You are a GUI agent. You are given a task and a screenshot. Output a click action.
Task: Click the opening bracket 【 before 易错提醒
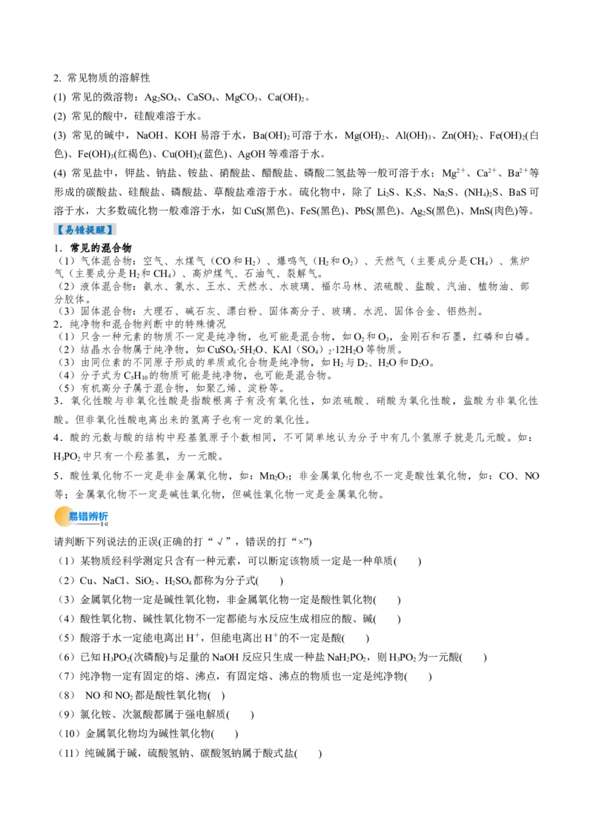59,230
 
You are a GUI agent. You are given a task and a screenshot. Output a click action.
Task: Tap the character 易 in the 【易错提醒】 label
69,230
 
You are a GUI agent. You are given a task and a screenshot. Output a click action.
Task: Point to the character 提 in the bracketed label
90,230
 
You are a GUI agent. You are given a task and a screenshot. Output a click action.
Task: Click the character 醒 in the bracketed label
101,230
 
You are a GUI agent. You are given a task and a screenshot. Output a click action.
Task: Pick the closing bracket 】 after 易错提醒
112,230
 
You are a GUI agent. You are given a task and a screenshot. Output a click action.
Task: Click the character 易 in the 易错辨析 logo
73,516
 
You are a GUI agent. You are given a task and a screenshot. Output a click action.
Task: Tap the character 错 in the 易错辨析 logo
83,516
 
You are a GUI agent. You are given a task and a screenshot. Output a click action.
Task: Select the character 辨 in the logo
93,516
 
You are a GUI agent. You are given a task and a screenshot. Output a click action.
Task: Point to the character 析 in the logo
103,516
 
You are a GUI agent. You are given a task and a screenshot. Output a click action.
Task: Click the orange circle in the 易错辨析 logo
64,517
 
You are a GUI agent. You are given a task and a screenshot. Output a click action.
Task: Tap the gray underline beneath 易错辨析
85,524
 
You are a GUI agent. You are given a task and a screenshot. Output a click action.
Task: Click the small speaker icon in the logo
106,524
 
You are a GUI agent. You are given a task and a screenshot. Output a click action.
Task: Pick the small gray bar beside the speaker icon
102,524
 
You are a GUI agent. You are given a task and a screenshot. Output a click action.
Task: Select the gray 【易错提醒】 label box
85,229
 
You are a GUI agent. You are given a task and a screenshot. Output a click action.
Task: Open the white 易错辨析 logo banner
80,518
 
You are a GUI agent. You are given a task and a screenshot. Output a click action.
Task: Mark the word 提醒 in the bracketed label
96,230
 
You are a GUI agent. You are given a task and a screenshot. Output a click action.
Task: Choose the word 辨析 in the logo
98,516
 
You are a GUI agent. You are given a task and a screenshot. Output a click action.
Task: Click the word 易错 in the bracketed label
74,230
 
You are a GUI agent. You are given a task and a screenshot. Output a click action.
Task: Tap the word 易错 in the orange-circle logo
78,516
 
